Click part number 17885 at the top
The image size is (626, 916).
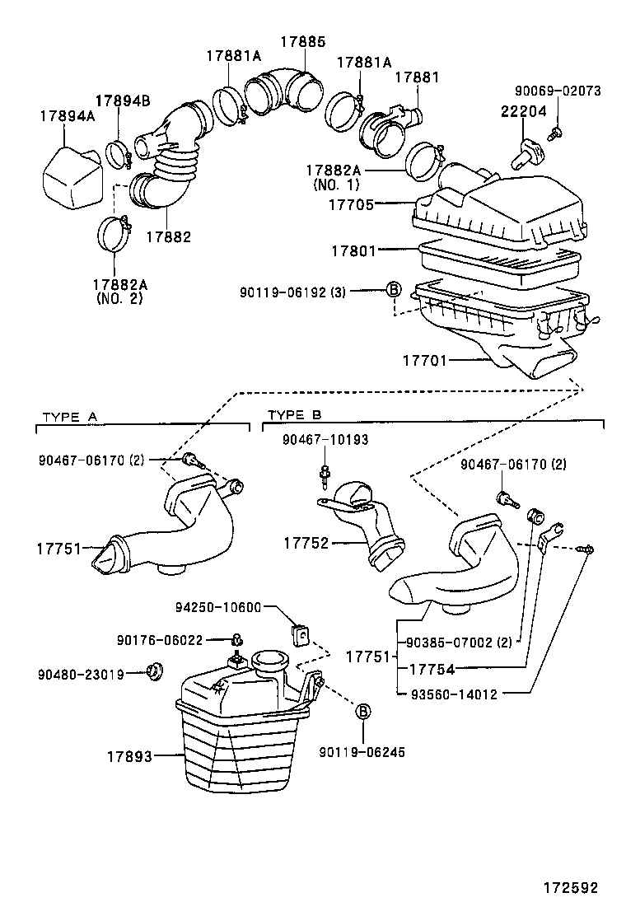(301, 40)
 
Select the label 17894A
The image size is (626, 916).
(67, 116)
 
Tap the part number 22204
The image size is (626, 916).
(523, 112)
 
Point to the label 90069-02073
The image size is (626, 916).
(558, 91)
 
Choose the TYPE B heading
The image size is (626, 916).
(295, 416)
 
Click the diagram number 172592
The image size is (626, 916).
(568, 888)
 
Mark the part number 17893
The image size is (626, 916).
(129, 755)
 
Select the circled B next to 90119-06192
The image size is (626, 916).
(394, 289)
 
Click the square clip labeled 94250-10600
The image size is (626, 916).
(300, 635)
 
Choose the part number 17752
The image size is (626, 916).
(306, 543)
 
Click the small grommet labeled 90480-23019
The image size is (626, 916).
(152, 671)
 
